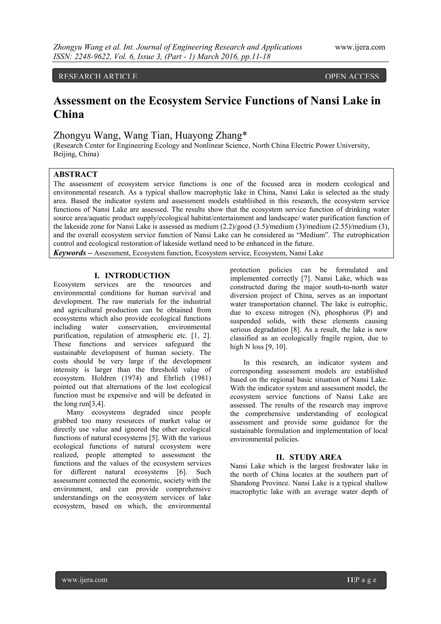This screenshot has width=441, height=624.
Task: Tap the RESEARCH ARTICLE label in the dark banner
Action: [98, 77]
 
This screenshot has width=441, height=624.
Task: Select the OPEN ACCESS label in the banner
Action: [352, 77]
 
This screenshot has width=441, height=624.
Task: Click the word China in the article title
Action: [69, 114]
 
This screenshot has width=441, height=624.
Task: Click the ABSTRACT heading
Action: [76, 174]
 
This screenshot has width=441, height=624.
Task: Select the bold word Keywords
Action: [70, 253]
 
